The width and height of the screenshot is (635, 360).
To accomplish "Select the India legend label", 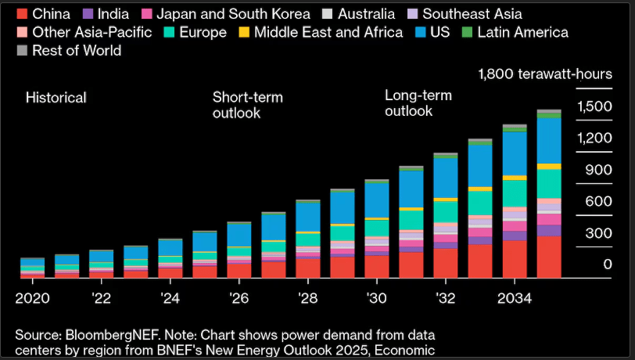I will pos(113,14).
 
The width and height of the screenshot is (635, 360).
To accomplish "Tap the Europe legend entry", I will pos(201,32).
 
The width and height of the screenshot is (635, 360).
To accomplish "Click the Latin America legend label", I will pos(522,32).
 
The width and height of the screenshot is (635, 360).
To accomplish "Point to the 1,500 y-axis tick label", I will pos(594,106).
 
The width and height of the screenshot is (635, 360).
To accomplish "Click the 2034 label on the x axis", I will pos(515,298).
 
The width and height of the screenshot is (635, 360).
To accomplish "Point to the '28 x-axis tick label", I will pos(307,298).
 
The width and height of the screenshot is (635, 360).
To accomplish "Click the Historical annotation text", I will pos(56,98).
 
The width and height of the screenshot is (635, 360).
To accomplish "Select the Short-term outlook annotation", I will pos(247,105).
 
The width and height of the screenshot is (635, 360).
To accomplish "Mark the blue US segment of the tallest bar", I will pos(549,140).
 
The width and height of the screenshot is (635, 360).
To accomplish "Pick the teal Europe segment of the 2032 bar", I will pos(446,211).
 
